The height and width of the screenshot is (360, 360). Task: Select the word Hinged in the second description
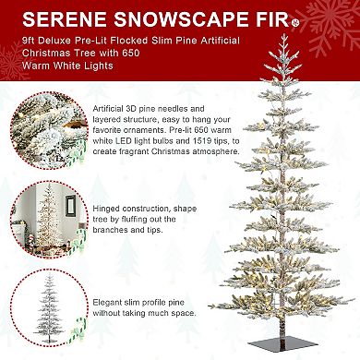(106, 209)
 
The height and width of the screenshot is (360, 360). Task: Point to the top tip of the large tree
(284, 34)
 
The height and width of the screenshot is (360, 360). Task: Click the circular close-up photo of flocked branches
(49, 131)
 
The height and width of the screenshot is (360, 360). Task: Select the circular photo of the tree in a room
(49, 220)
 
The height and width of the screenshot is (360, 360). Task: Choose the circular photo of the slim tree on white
(49, 307)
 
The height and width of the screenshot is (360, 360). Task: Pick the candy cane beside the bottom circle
(77, 330)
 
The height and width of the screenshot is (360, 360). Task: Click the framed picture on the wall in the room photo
(70, 206)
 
